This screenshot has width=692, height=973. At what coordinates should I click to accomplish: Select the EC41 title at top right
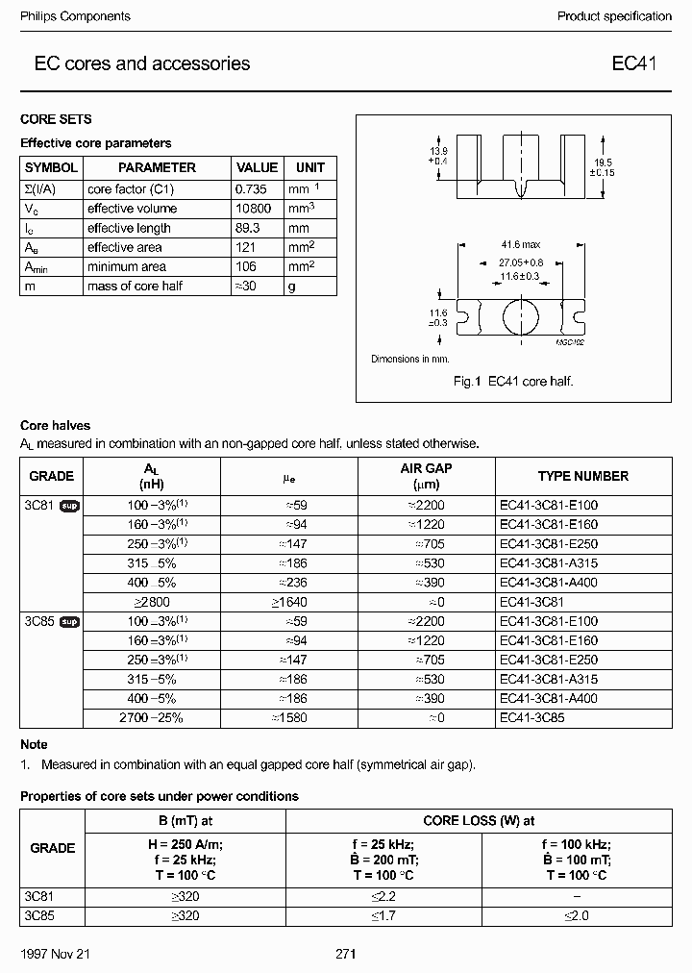click(x=634, y=64)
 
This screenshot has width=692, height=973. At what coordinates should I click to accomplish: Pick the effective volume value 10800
click(x=255, y=209)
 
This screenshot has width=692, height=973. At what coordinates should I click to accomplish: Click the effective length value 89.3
click(x=249, y=228)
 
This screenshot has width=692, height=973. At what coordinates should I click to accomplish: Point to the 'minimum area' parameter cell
click(x=127, y=266)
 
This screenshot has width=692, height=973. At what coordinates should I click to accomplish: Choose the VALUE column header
click(x=257, y=167)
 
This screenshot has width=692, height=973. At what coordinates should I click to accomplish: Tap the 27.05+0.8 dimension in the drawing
click(x=520, y=262)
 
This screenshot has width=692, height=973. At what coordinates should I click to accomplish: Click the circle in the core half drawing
click(x=520, y=315)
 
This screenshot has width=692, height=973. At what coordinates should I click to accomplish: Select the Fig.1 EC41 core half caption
click(x=513, y=382)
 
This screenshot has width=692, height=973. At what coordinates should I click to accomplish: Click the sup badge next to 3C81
click(x=69, y=505)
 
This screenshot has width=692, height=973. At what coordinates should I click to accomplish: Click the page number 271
click(x=346, y=955)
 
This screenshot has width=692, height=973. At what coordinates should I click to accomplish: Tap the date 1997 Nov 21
click(x=54, y=955)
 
